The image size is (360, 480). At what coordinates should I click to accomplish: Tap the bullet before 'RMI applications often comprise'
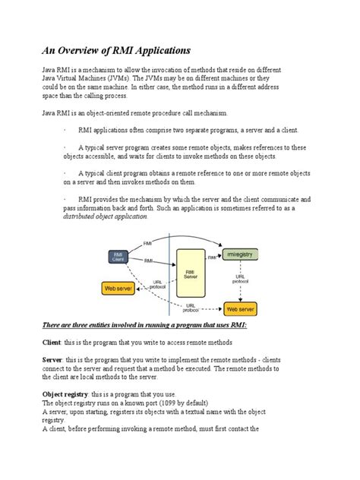click(65, 130)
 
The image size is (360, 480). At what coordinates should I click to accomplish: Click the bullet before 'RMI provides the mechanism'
click(65, 197)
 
